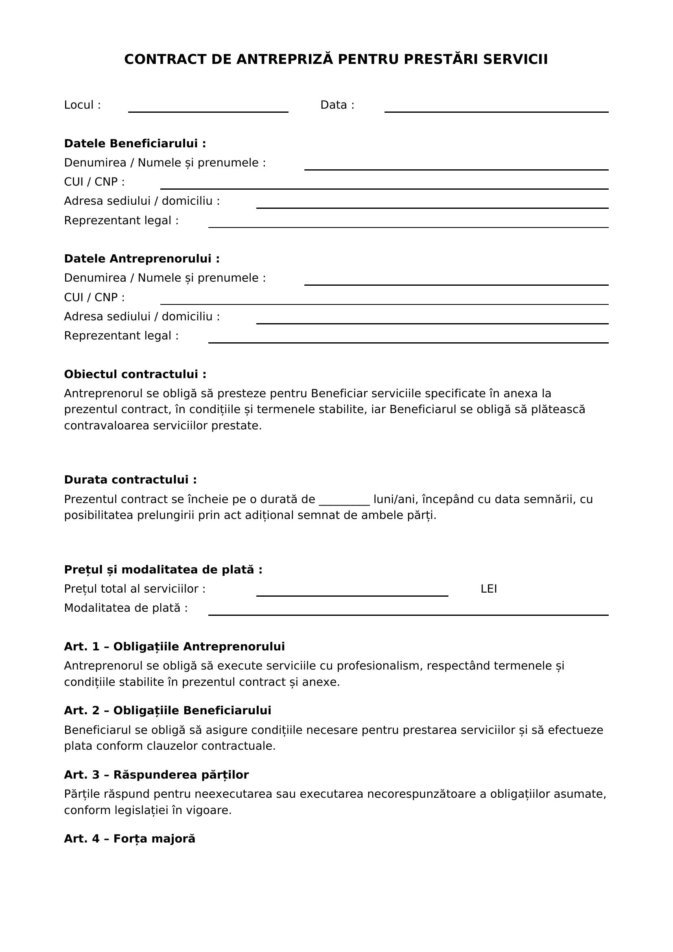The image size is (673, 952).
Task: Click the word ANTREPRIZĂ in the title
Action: point(284,60)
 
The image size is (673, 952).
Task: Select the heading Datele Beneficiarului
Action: point(135,144)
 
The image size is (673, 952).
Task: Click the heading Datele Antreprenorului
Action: point(142,259)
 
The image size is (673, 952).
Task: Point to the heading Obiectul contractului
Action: point(135,375)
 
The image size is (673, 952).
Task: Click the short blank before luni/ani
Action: point(344,501)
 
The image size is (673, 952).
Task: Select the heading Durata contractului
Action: point(130,480)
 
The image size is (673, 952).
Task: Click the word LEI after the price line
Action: point(489,589)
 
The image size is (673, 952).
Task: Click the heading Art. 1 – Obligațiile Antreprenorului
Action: point(174,647)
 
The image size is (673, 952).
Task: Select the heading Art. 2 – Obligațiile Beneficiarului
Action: point(167,711)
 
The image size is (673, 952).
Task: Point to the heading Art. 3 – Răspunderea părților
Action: point(156,775)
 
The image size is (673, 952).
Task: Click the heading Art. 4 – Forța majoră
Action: point(129,839)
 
